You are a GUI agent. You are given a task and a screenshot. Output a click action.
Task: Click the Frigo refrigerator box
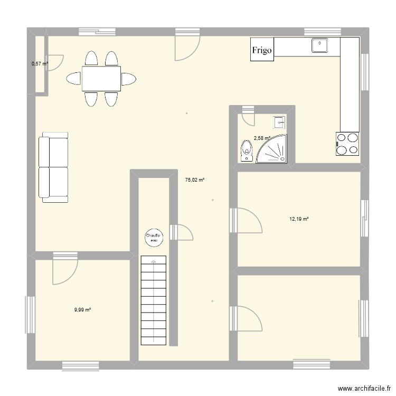coord(262,50)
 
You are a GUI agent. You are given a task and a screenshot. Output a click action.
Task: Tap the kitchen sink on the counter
coord(319,46)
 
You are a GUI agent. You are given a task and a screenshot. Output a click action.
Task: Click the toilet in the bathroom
coord(246,150)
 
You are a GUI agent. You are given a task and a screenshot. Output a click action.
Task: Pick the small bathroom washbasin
coord(279,122)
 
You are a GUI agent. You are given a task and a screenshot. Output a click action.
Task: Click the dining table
coord(101,79)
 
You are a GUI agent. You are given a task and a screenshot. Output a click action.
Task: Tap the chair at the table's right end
coord(129,79)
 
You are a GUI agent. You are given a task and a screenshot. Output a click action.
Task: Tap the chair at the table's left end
coord(73,79)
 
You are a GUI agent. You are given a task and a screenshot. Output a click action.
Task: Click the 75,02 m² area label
coord(194,180)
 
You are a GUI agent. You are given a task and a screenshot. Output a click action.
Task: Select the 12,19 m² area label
coord(299,219)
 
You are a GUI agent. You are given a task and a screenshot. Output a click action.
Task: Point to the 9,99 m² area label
coord(82,310)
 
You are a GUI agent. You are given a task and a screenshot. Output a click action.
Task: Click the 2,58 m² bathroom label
coord(262,138)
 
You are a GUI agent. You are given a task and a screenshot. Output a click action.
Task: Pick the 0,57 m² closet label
coord(40,64)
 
